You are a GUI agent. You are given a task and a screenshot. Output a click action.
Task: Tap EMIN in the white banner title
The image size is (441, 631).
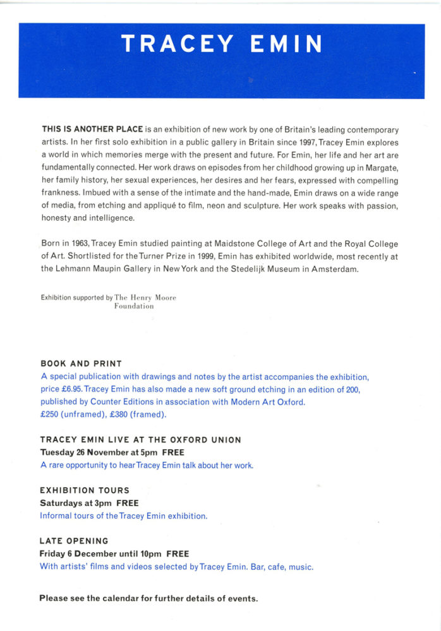(286, 44)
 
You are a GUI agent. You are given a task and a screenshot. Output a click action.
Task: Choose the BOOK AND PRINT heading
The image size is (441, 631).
(81, 363)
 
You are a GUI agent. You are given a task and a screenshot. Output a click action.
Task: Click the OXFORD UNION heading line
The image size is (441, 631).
(141, 440)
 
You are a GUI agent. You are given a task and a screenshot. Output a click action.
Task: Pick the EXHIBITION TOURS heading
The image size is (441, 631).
(85, 490)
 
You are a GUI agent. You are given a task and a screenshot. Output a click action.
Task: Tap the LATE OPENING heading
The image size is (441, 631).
(74, 541)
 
